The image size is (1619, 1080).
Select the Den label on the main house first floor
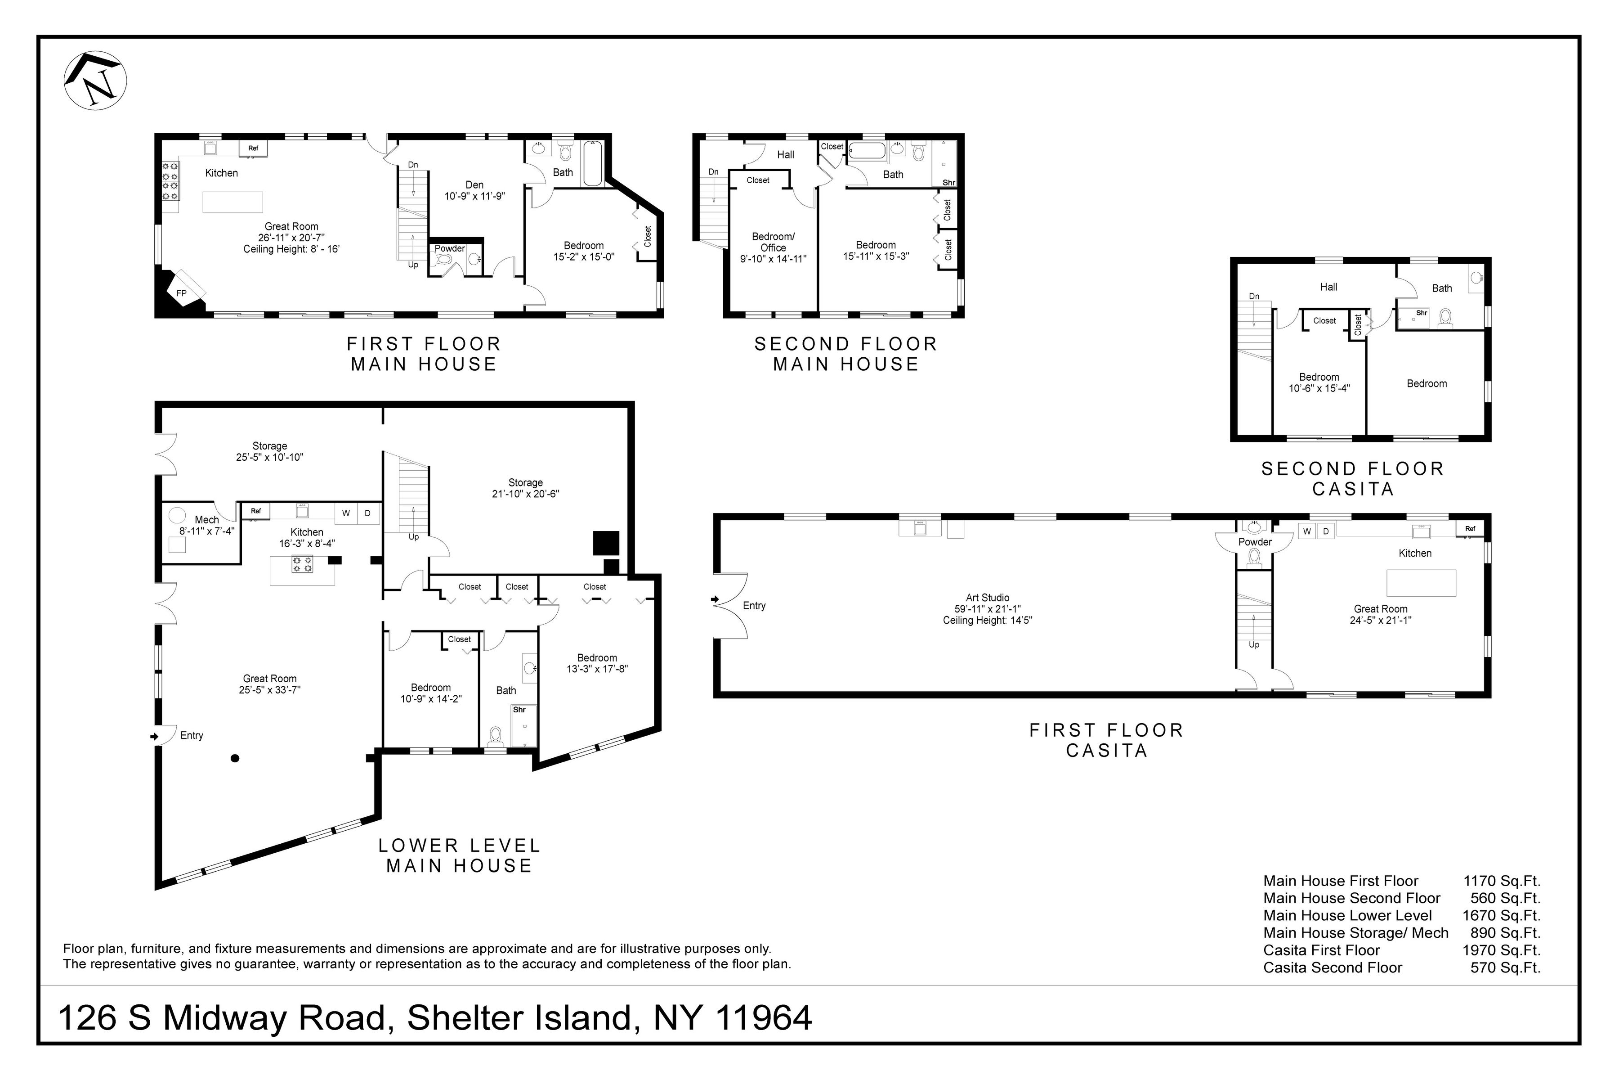pos(474,184)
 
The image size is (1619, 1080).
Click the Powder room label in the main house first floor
pos(449,249)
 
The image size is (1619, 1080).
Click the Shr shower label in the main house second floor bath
pos(948,183)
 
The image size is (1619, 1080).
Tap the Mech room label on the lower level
pos(206,520)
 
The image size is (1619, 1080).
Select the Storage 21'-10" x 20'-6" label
pos(525,488)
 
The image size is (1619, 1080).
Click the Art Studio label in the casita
pos(987,598)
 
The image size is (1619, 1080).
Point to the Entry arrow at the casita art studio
pos(715,600)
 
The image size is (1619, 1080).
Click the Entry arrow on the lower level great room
pos(154,736)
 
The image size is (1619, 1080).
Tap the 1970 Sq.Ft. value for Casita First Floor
pos(1501,950)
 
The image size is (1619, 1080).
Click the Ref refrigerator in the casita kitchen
pos(1470,529)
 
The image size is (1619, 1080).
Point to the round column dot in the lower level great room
pos(235,758)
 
